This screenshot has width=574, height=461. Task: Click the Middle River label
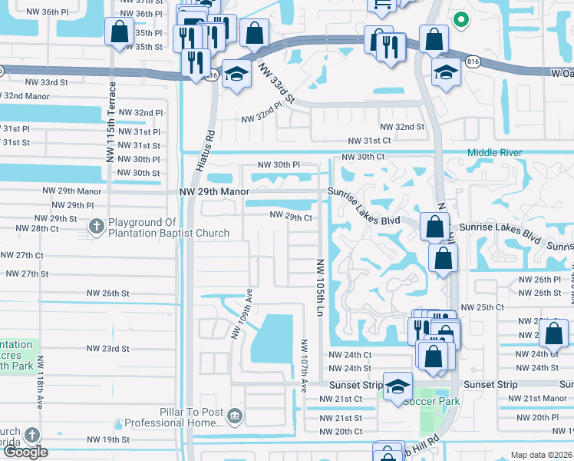pos(494,153)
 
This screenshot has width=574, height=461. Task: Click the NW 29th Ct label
pos(290,217)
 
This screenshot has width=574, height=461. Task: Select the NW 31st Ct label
pos(369,141)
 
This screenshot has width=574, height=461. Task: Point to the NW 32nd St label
pos(403,127)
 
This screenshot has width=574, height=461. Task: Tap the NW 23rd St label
pos(107,349)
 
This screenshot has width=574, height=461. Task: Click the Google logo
pos(25,451)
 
